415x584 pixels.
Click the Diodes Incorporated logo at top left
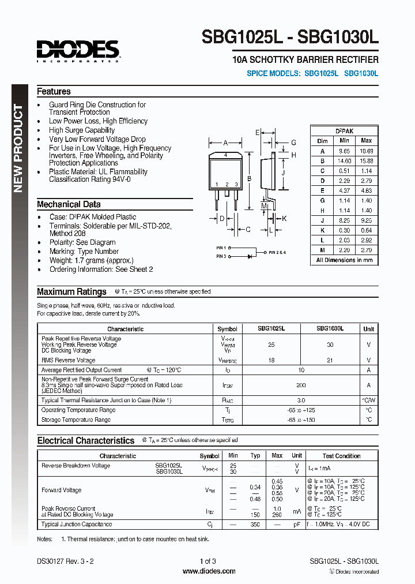coord(78,51)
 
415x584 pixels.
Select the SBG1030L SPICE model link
coord(361,74)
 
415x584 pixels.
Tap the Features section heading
coord(54,92)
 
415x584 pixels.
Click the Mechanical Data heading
coord(69,204)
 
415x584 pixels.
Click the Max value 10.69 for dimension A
coord(366,151)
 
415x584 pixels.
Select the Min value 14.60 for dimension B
coord(344,160)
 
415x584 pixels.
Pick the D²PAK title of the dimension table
coord(345,131)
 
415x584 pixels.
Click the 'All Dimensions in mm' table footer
coord(344,260)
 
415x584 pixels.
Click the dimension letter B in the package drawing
coord(249,179)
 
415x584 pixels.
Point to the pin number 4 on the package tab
coord(225,155)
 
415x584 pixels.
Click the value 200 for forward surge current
coord(300,385)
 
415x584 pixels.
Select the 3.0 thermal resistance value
coord(300,399)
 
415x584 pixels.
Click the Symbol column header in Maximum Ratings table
coord(227,329)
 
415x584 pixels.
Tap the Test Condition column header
coord(341,456)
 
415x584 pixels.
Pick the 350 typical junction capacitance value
coord(255,525)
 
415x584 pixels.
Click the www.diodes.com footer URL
coord(209,571)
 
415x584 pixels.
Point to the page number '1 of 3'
coord(207,561)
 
